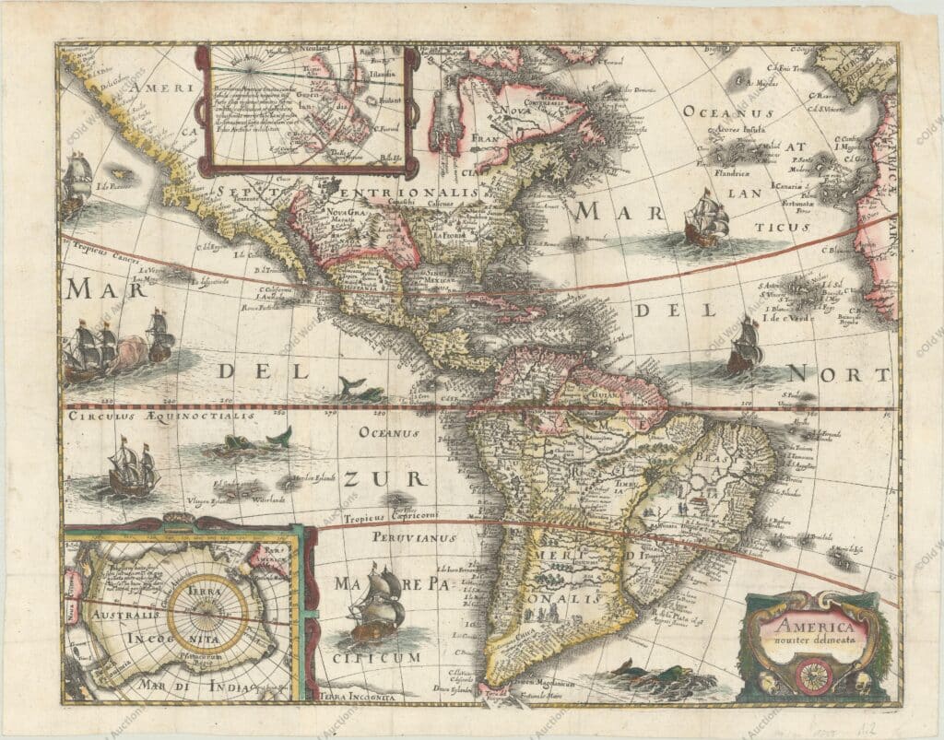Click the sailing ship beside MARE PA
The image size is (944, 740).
[x=378, y=604]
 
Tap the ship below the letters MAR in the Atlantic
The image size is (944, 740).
[x=705, y=218]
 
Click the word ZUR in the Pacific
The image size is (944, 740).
[x=372, y=478]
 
